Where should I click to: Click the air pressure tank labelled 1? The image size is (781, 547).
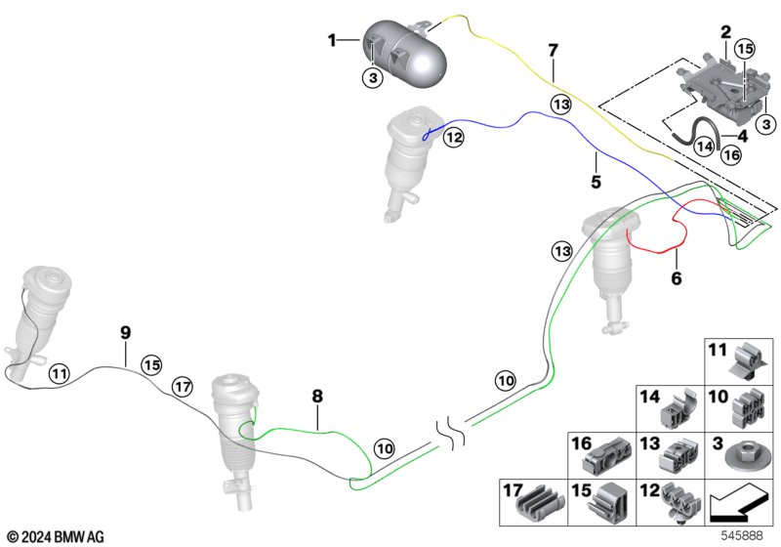coord(404,55)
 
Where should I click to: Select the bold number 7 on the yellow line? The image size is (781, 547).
coord(553,51)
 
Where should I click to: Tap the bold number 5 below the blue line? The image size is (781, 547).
coord(596,182)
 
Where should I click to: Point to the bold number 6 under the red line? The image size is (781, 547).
coord(676,278)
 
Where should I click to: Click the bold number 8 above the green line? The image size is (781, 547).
coord(317,396)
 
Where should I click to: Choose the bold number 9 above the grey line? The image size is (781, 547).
coord(126,332)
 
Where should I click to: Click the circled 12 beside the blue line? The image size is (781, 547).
coord(454,137)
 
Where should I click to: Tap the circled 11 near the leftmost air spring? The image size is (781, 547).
coord(60,373)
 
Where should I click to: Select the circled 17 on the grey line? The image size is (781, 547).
coord(183,387)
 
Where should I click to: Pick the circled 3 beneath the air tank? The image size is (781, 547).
coord(373,78)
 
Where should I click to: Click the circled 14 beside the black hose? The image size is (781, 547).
coord(704,147)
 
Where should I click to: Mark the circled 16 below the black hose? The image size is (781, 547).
coord(731,155)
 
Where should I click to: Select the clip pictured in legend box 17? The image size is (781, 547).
coord(542,504)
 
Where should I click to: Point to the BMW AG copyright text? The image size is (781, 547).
coord(57,537)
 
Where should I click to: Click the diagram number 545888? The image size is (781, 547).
coord(742,536)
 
